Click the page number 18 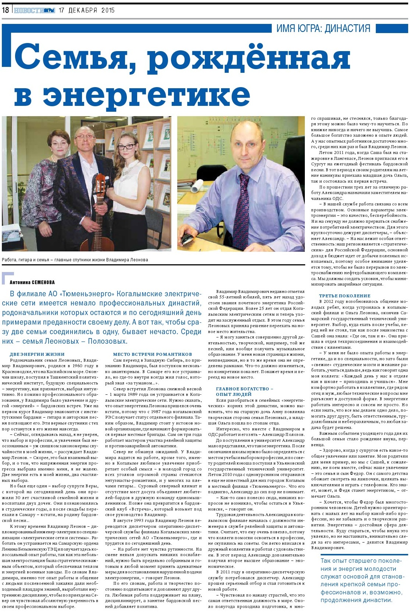click(x=5, y=10)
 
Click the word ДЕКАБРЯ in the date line click(x=83, y=10)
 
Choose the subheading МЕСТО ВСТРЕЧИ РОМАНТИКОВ click(x=152, y=354)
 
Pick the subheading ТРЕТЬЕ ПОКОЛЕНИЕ click(x=345, y=296)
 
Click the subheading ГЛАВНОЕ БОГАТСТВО click(x=242, y=389)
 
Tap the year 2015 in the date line click(x=108, y=10)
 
